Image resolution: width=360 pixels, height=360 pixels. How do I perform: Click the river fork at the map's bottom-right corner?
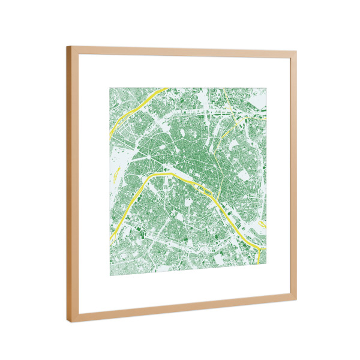tap(258, 246)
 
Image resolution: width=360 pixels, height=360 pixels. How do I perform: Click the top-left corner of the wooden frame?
tap(67, 47)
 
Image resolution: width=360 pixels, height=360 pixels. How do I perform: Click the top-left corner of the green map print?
tap(110, 88)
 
